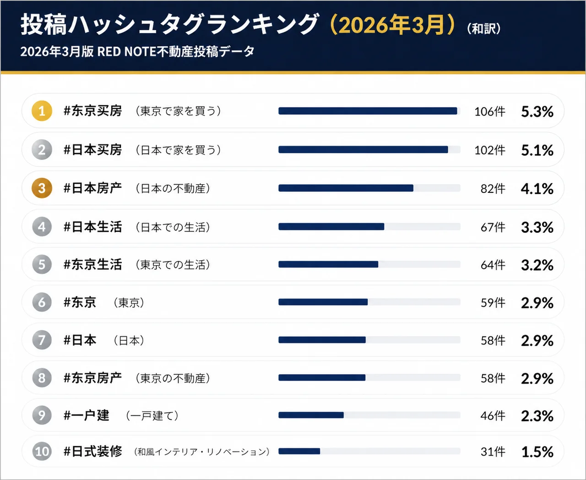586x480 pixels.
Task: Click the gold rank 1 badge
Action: [42, 111]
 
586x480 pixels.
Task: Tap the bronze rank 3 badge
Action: [42, 188]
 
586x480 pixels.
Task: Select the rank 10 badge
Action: [42, 452]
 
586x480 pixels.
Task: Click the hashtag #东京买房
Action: [93, 111]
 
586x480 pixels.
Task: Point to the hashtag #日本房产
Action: [93, 188]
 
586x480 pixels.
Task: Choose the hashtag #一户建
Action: [87, 415]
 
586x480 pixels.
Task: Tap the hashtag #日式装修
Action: [93, 452]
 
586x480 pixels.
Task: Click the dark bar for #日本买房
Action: [363, 150]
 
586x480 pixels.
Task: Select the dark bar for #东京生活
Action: [328, 264]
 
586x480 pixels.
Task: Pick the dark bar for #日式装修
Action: [299, 451]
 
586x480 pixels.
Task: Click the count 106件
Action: [490, 112]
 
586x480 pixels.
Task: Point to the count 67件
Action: [493, 227]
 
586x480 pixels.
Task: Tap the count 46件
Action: [493, 416]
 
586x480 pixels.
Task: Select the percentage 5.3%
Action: [537, 112]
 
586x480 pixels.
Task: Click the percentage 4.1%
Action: [537, 189]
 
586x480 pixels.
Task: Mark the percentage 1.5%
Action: [537, 452]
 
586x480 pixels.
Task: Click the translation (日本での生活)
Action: [173, 227]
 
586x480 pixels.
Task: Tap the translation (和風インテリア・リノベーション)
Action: [202, 452]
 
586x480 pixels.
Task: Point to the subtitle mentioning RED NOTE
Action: [137, 52]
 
